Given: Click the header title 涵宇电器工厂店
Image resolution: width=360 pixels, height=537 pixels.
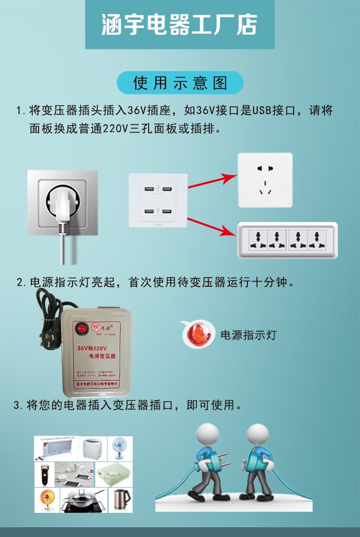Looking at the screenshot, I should (179, 25).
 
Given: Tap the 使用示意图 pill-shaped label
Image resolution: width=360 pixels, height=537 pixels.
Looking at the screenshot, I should (179, 83).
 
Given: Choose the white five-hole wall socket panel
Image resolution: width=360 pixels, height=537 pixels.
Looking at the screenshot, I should (265, 180).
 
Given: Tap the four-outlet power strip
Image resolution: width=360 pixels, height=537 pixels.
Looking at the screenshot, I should (287, 240).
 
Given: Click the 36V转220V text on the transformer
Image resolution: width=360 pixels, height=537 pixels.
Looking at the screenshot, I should (92, 348).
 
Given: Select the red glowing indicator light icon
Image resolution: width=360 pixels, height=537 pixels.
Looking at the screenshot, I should (198, 335).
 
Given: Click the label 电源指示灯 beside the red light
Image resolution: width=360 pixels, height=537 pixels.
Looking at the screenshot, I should (248, 335).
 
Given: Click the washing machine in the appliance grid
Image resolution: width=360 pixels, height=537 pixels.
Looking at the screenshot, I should (94, 449).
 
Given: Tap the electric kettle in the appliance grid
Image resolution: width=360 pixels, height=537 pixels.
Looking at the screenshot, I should (121, 499).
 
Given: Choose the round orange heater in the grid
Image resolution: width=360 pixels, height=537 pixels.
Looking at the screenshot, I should (46, 500).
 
